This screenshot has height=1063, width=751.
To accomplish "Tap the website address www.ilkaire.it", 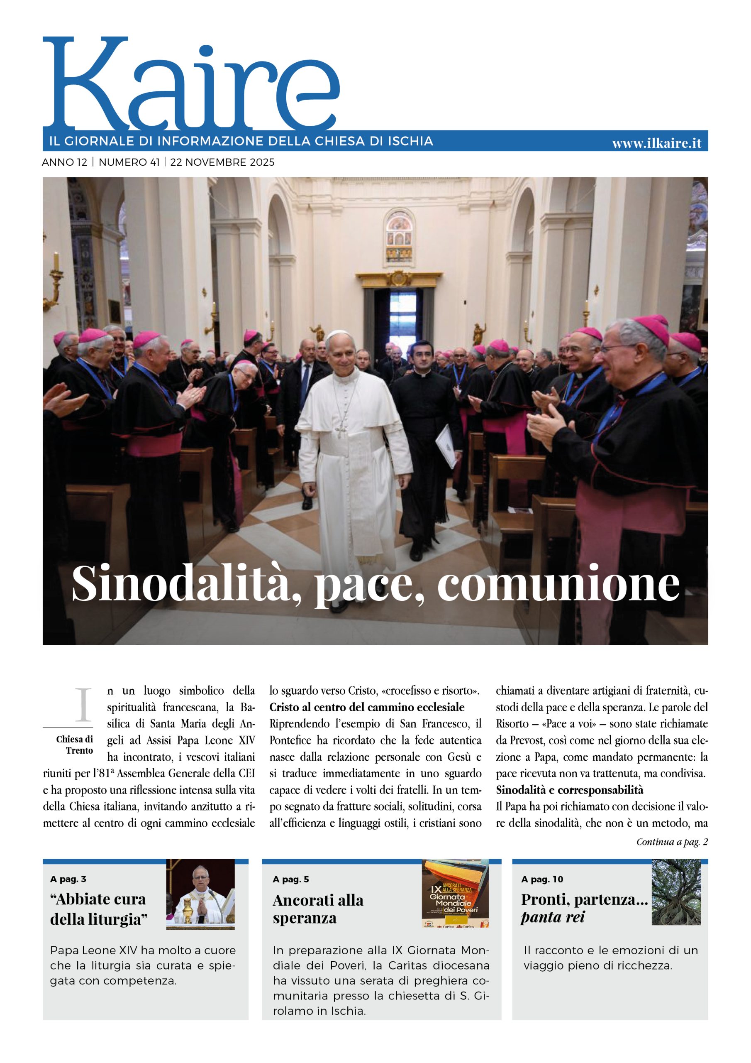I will (656, 144).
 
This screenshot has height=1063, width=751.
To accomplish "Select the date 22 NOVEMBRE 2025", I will (222, 162).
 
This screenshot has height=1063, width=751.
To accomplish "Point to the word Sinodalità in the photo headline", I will (185, 584).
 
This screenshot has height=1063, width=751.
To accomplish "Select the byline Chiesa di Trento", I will (75, 745).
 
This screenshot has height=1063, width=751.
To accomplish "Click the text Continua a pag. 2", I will (671, 842).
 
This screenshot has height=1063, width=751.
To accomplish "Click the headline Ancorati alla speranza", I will (318, 909).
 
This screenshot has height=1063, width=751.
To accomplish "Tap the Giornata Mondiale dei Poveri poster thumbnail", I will (455, 894).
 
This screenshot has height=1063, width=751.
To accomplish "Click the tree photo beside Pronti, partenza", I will (676, 893).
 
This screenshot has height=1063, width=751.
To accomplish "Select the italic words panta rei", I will (553, 917).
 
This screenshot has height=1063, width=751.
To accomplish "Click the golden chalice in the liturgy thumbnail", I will (188, 910).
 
